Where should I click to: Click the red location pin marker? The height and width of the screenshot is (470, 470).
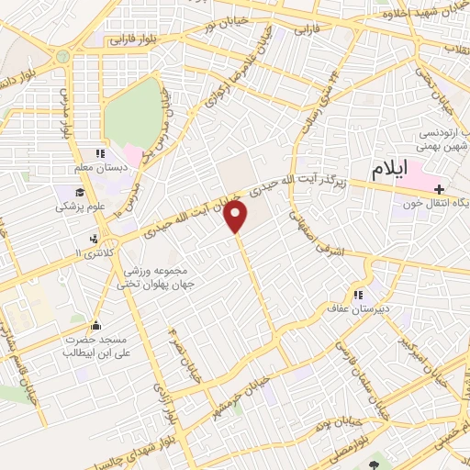click(238, 217)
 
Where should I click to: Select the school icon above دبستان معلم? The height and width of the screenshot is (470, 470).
click(102, 154)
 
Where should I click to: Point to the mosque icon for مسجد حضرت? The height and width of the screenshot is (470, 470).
click(95, 324)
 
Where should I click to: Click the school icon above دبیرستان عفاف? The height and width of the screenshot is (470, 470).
click(359, 296)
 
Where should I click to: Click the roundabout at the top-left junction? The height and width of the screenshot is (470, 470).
click(62, 56)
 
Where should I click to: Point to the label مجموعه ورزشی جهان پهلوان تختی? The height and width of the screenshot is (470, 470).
click(152, 277)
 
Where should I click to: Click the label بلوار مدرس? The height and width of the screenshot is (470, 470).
click(66, 115)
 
